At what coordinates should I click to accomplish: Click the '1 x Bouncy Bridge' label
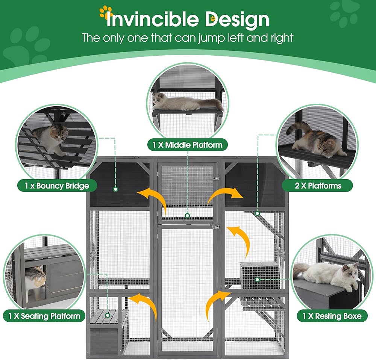57,186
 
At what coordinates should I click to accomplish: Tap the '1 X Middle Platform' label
188,145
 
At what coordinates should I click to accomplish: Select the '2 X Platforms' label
317,186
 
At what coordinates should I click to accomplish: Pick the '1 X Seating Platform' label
44,316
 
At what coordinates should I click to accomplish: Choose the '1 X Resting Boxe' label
332,316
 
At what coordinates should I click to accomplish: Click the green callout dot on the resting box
257,280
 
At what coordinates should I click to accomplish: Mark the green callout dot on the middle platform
187,216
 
